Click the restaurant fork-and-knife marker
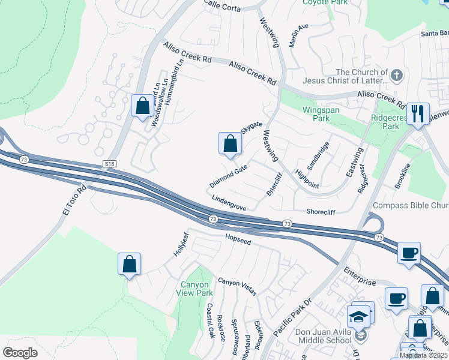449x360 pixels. [418, 113]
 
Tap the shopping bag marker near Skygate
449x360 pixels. [230, 143]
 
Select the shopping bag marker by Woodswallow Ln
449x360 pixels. [143, 106]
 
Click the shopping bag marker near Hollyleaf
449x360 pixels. [129, 264]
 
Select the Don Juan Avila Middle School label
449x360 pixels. [324, 336]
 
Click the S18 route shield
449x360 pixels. [109, 163]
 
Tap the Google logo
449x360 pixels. [20, 352]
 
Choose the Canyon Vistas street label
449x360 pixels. [237, 286]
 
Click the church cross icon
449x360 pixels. [396, 76]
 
